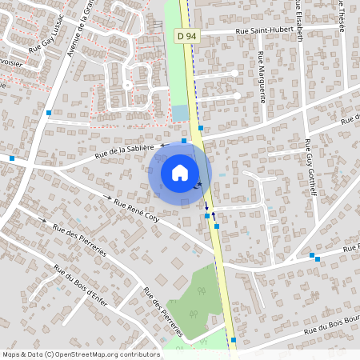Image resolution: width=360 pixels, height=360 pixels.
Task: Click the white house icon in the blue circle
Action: click(x=180, y=173)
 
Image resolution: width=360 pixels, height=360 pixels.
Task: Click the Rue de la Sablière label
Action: click(x=124, y=150)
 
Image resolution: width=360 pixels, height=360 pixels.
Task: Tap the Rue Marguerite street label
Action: click(x=262, y=77)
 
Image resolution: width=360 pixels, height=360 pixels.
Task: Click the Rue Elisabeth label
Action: click(x=298, y=20)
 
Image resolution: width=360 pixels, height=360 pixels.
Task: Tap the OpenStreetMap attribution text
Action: click(x=81, y=354)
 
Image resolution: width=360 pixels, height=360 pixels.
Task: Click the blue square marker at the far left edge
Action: click(x=12, y=158)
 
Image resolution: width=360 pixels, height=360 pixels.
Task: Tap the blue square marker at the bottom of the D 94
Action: click(x=233, y=340)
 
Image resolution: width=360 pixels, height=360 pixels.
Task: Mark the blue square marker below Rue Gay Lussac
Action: click(x=49, y=113)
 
